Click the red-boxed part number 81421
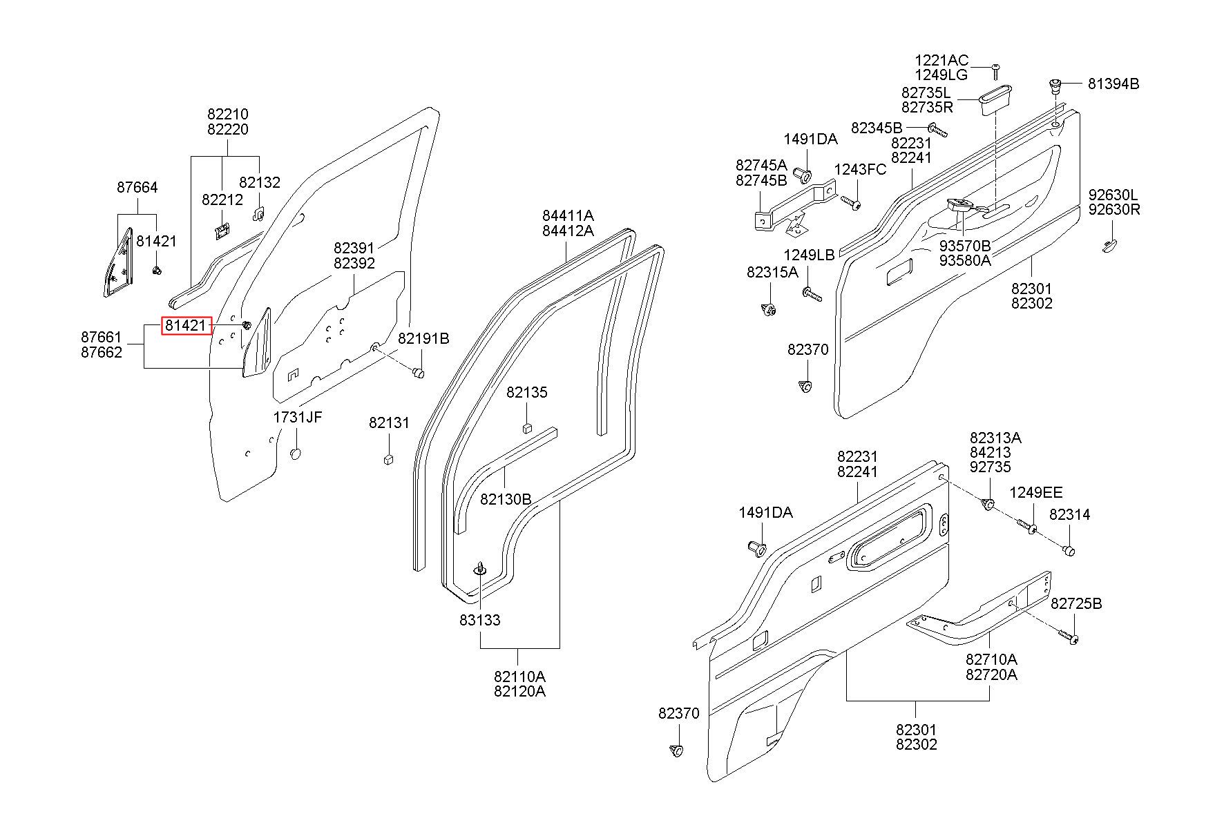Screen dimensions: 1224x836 click(186, 325)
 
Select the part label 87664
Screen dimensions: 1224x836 click(137, 187)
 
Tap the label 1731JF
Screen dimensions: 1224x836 click(298, 417)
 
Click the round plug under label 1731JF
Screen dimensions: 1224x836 click(296, 454)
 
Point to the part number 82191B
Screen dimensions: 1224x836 click(423, 338)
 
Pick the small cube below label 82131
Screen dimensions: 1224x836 click(388, 458)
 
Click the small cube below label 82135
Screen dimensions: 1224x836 click(527, 427)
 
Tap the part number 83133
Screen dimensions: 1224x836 click(480, 620)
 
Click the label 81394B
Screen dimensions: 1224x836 click(1113, 84)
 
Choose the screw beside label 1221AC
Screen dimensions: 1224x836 click(996, 70)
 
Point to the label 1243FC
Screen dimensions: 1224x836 click(860, 170)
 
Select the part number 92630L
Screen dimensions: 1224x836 click(1114, 195)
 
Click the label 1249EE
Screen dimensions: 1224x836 click(1036, 492)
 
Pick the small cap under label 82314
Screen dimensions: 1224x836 click(1069, 550)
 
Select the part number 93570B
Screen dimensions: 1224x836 click(965, 246)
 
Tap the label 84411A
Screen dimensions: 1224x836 click(568, 215)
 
